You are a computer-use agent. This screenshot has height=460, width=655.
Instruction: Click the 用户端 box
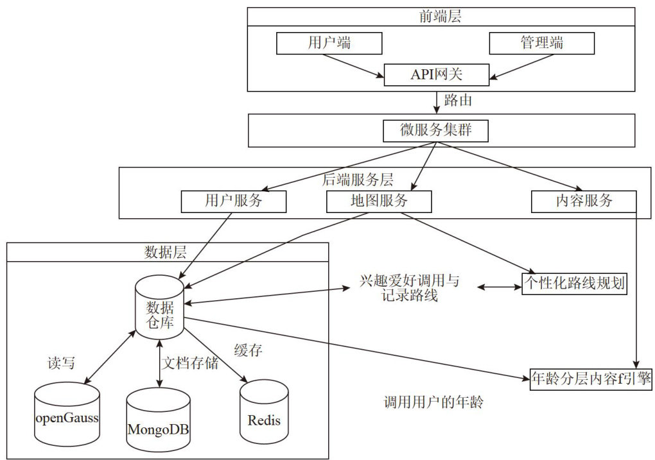coord(329,43)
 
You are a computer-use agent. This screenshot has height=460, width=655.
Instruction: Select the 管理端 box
coord(541,43)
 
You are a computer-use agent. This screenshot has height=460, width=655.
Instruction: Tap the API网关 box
coord(437,75)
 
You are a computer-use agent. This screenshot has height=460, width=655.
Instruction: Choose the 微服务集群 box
coord(436,130)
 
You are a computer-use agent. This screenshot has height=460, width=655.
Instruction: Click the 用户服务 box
coord(234,201)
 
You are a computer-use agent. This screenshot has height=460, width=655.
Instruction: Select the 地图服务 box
coord(379,201)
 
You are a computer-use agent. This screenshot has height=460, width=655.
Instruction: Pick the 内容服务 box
coord(584,201)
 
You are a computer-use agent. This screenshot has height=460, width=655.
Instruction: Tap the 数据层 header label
coord(166,251)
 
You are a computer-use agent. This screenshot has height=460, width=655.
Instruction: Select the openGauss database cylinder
coord(66,414)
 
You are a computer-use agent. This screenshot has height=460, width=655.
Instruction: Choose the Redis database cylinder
coord(264,414)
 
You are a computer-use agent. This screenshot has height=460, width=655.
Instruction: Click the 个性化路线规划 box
coord(573,284)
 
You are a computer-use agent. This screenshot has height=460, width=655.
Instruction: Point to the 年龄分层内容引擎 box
coord(591,379)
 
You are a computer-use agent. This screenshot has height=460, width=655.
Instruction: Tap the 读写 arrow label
coord(62,363)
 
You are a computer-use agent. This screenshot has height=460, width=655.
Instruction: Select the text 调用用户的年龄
coord(433,403)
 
